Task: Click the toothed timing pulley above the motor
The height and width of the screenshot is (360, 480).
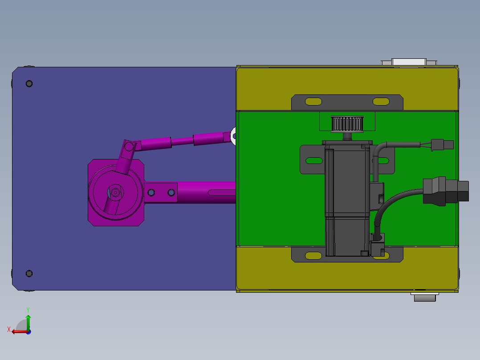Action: [x=347, y=123]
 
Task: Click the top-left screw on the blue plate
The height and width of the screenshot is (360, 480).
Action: [x=29, y=83]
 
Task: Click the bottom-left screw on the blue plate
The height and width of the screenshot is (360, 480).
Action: [x=29, y=273]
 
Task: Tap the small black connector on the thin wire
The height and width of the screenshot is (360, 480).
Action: [x=443, y=144]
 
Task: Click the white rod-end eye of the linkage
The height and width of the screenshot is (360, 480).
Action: [x=233, y=135]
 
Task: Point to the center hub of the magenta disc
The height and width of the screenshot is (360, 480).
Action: [x=116, y=192]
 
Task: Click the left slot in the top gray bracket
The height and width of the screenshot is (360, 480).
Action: [x=313, y=102]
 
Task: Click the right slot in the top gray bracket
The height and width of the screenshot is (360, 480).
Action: [x=381, y=102]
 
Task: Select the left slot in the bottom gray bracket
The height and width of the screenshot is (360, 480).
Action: [x=313, y=255]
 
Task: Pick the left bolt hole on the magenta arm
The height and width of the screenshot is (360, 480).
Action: [x=152, y=192]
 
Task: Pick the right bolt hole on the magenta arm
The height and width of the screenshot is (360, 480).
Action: [x=171, y=192]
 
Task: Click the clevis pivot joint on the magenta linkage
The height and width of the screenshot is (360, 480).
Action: [x=129, y=146]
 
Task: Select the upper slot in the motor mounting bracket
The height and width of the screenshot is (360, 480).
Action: [x=314, y=160]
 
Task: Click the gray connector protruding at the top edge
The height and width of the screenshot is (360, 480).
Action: [x=409, y=61]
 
